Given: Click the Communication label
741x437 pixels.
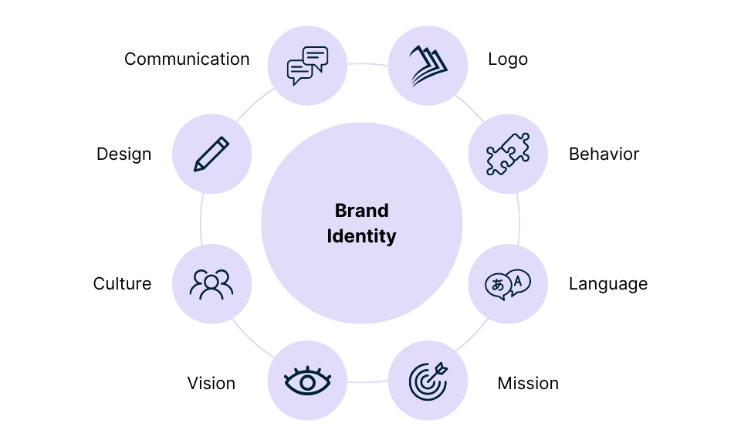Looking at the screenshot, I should [187, 59].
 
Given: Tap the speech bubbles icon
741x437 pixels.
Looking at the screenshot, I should [307, 66].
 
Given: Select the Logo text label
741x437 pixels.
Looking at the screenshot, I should [508, 59].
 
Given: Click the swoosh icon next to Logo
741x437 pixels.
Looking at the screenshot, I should [428, 66].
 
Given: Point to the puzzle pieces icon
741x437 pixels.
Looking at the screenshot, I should [508, 154].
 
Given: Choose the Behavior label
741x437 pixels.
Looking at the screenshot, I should [604, 154].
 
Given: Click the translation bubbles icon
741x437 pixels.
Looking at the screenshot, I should [508, 284].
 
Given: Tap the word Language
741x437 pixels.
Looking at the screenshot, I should [607, 284].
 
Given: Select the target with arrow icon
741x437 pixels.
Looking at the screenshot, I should [428, 381].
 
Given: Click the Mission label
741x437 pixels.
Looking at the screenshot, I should [528, 383].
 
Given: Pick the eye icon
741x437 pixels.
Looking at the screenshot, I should [307, 381].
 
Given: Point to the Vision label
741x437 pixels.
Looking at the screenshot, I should [211, 383].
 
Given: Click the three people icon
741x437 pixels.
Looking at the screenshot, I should [211, 284].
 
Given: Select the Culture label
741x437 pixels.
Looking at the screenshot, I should [122, 284].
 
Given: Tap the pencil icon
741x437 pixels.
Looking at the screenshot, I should [211, 154].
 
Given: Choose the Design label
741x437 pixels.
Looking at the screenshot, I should [123, 154].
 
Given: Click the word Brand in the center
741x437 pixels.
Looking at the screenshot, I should [361, 210].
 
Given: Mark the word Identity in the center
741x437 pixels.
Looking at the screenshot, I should [361, 235].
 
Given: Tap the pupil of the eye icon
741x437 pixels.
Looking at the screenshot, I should [307, 381].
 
